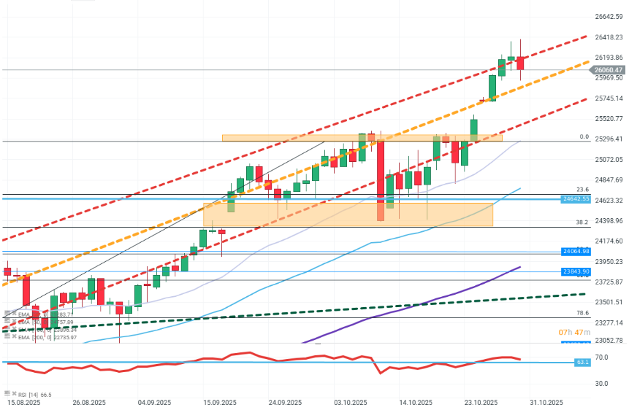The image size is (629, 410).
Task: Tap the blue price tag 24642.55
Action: point(576,198)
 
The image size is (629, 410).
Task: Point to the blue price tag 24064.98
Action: point(576,251)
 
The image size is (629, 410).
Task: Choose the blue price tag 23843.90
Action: point(576,271)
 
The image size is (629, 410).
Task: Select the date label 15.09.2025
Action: point(219,402)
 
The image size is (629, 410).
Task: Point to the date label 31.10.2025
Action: point(546,402)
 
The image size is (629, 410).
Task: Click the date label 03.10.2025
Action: point(350,402)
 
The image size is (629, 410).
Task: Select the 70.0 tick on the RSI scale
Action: point(582,357)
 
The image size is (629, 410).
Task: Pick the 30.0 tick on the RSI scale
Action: point(582,383)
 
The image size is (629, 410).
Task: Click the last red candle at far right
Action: point(521,63)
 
